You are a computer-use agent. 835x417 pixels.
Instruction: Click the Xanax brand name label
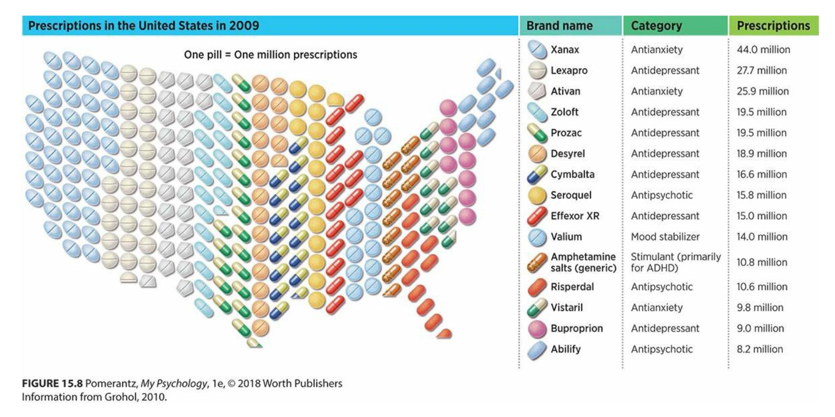pos(565,49)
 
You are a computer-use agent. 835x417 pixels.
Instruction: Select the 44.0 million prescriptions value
pos(763,49)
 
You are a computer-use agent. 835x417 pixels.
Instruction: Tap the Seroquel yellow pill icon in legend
pos(537,195)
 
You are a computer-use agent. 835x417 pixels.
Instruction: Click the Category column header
pos(656,26)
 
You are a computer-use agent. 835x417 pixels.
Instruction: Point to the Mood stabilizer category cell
pos(665,237)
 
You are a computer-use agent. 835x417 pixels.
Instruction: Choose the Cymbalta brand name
pos(572,174)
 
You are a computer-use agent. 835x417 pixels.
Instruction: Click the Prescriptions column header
pos(773,26)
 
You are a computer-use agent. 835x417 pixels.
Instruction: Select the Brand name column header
pos(559,26)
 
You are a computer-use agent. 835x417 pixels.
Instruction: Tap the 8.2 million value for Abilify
pos(760,349)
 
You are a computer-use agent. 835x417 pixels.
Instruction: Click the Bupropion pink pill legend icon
pos(537,329)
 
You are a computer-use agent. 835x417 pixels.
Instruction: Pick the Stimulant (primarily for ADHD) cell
pos(676,262)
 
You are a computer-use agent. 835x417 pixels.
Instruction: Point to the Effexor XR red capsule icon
pos(537,216)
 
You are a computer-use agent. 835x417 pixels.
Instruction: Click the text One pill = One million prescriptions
pos(270,55)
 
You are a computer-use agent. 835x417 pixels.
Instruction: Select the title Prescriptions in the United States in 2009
pos(144,26)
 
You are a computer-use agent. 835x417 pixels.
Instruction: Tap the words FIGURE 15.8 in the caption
pos(52,383)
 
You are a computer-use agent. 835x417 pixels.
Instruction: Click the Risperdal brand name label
pos(572,287)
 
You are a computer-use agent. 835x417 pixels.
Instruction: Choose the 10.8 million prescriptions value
pos(762,262)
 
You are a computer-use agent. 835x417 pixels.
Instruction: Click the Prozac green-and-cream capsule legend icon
pos(537,133)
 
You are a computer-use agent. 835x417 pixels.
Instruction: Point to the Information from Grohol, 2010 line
pos(94,397)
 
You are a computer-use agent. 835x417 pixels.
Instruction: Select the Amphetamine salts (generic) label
pos(583,262)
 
